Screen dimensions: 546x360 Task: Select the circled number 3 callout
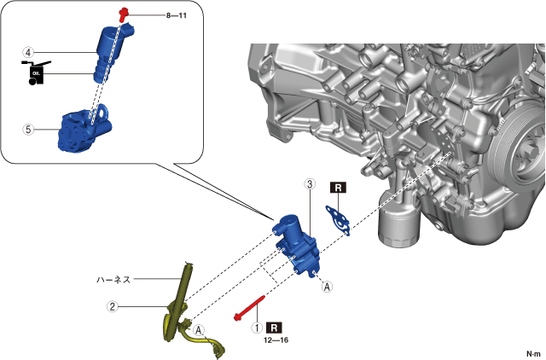coord(310,183)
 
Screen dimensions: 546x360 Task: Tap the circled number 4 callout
coord(29,52)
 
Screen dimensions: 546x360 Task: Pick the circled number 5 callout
coord(29,130)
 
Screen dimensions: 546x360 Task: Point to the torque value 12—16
coord(276,340)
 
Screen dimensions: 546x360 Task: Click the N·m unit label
coord(533,353)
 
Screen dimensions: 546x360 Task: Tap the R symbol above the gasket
coord(339,188)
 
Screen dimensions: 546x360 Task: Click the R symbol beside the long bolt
coord(275,327)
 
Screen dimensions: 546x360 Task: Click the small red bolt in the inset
coord(124,13)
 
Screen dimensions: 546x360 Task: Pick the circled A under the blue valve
coord(327,287)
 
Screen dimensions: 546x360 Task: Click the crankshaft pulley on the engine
coord(520,158)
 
